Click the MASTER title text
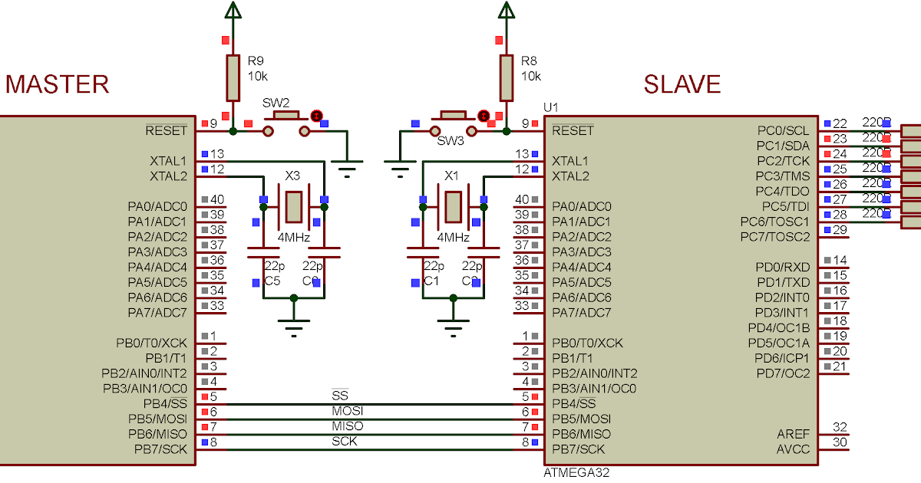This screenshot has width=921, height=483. coord(58,84)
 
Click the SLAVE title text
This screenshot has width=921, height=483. coord(682,84)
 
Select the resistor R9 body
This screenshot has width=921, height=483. coord(233,77)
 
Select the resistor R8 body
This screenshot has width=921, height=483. coord(506,77)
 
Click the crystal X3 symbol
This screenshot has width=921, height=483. coord(293,206)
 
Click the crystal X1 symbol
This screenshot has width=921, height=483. coord(453,206)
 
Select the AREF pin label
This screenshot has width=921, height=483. coord(793,434)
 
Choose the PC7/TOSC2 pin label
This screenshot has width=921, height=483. coord(774,237)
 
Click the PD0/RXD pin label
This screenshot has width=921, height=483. coord(781,267)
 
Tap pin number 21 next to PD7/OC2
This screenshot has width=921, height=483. coord(840,366)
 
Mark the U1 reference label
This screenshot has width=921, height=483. coord(550,107)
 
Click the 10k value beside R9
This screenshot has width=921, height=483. coord(257,76)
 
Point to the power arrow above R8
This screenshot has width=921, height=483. coord(506,10)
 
